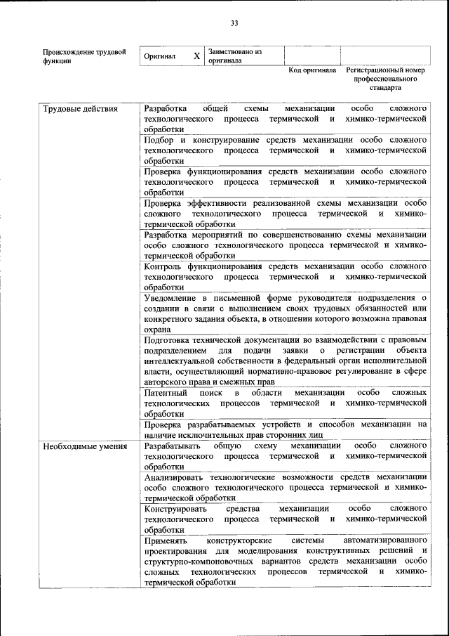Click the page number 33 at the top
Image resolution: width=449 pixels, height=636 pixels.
point(234,23)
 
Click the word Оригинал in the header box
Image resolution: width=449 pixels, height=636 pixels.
point(159,56)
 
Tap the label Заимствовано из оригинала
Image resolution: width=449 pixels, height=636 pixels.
point(234,56)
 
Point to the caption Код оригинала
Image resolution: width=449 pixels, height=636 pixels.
point(313,71)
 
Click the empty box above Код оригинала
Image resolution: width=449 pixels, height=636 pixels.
point(312,56)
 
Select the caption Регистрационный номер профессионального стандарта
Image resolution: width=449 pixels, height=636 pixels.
point(385,80)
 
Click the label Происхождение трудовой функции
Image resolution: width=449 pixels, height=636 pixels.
point(84,56)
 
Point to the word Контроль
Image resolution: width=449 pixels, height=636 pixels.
point(163,266)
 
